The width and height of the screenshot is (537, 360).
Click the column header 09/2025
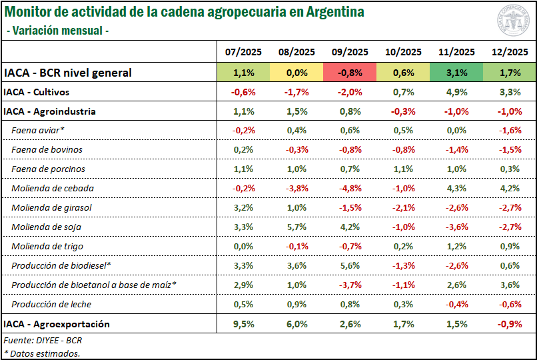(x=350, y=52)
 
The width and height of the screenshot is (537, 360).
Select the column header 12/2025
(x=510, y=52)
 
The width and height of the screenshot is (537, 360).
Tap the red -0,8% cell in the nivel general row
(x=350, y=73)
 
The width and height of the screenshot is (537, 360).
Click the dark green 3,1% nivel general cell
(x=456, y=73)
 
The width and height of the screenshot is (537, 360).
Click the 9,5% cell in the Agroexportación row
(x=243, y=324)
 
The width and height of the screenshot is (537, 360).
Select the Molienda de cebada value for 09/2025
(x=350, y=189)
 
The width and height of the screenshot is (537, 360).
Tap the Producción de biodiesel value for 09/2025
(x=350, y=266)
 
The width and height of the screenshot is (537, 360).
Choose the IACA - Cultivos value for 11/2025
(x=456, y=92)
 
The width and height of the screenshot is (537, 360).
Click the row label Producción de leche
(x=51, y=305)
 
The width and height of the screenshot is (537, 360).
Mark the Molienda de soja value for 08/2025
(x=296, y=227)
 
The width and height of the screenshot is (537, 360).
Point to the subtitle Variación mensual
(x=57, y=31)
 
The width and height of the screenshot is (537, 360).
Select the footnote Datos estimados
(x=42, y=353)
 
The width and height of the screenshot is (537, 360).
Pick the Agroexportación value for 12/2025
(x=510, y=324)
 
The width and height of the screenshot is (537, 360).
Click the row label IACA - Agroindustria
(x=49, y=111)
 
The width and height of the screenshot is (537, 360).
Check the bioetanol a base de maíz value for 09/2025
(x=350, y=285)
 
